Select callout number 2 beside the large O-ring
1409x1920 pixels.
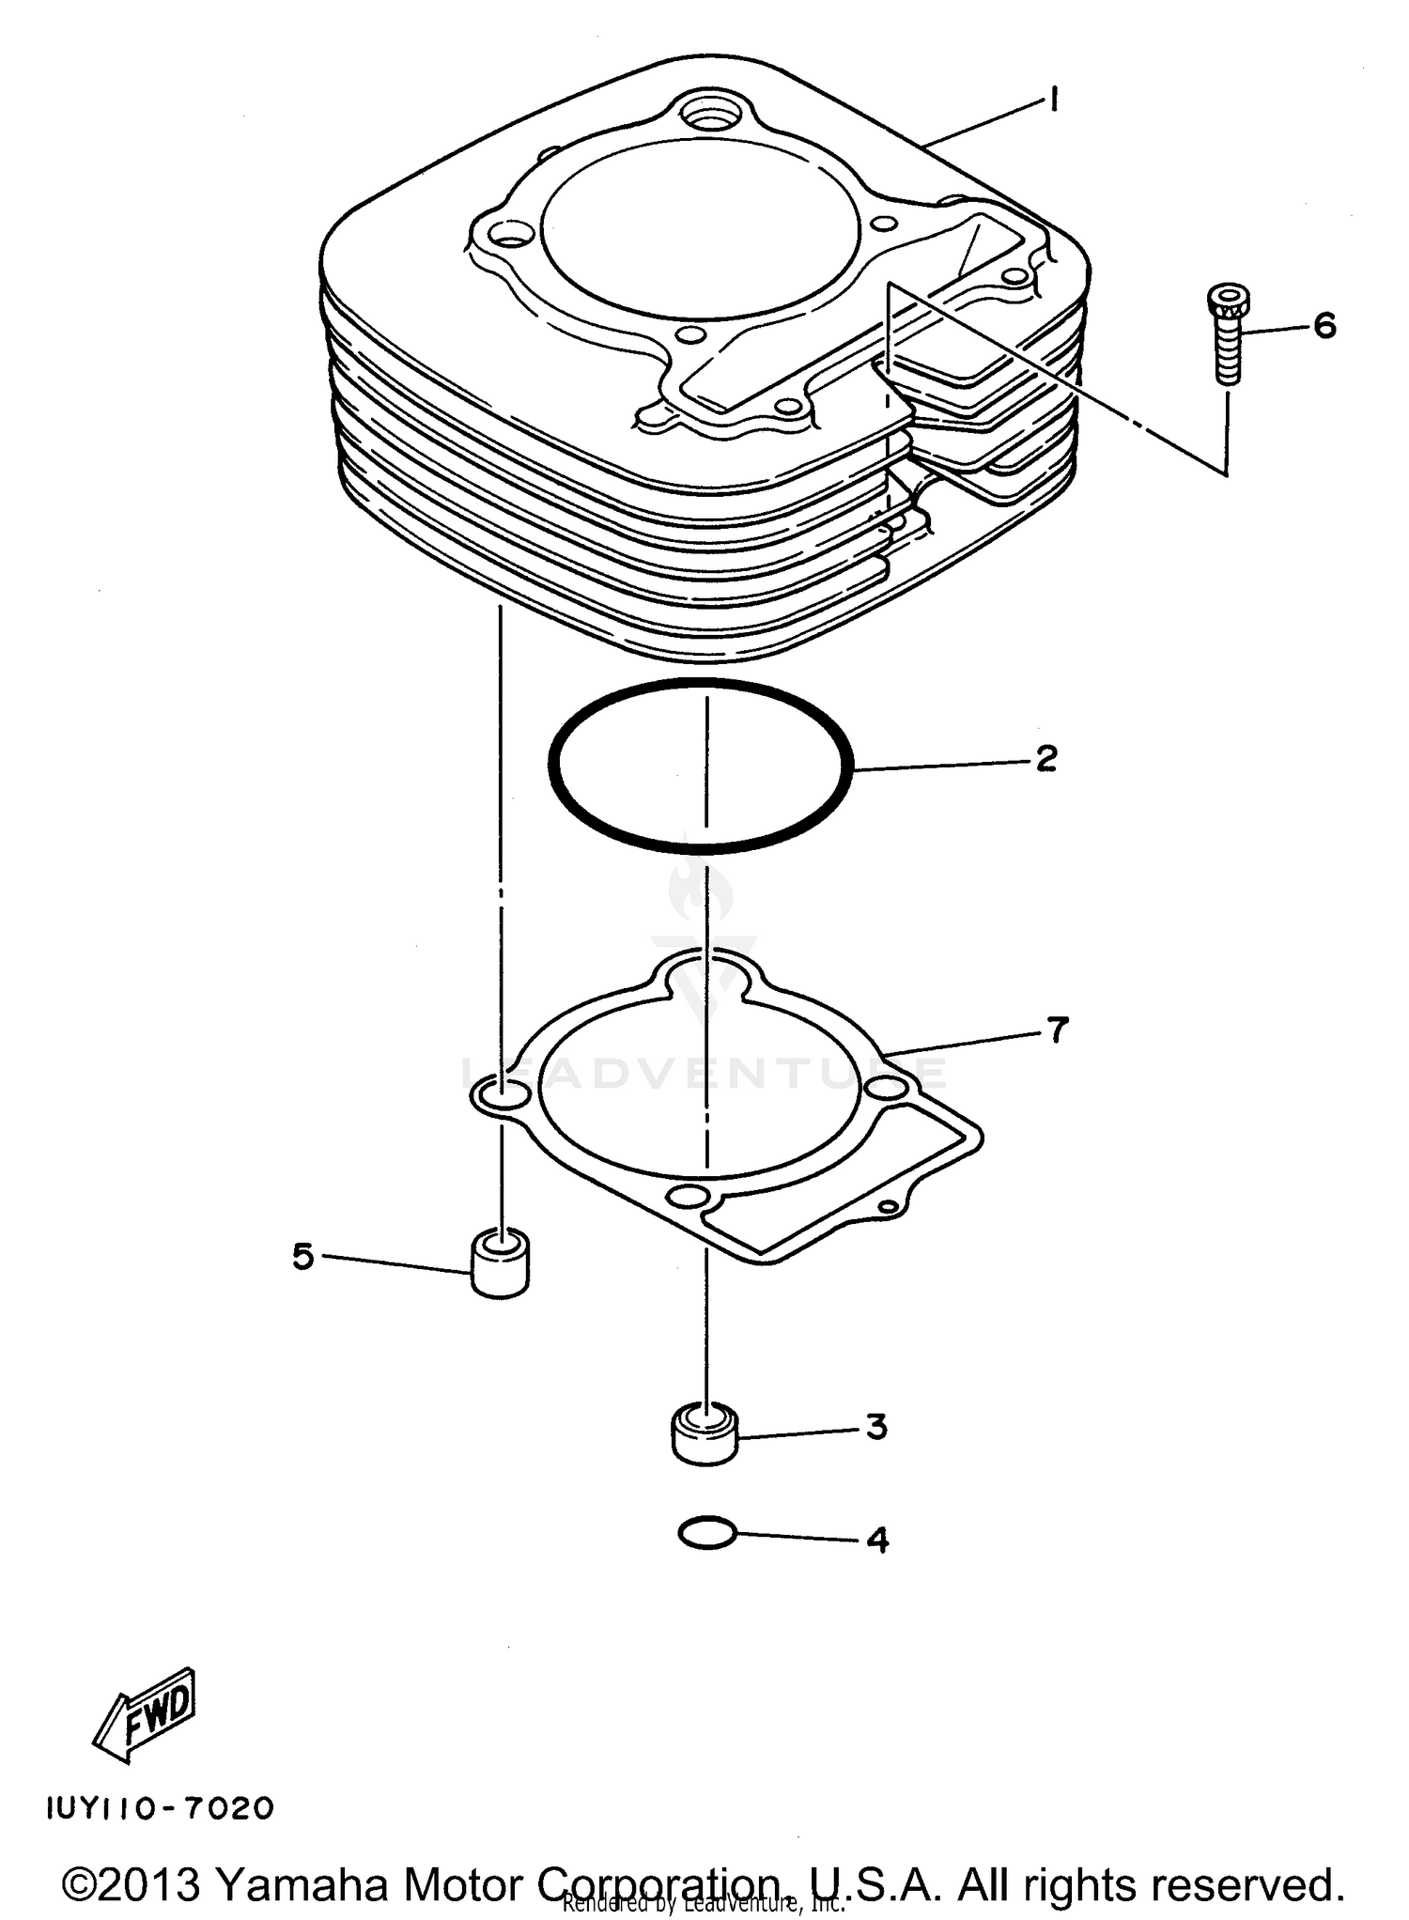click(1046, 758)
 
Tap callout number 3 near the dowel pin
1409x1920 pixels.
click(875, 1427)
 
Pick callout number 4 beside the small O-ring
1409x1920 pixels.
click(876, 1540)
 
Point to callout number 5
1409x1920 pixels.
click(302, 1255)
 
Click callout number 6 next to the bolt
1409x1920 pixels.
click(1324, 326)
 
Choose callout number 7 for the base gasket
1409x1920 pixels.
click(1058, 1030)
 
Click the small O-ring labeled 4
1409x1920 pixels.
click(706, 1533)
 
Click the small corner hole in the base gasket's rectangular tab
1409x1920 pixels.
click(886, 1206)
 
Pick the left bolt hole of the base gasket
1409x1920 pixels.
click(500, 1093)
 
